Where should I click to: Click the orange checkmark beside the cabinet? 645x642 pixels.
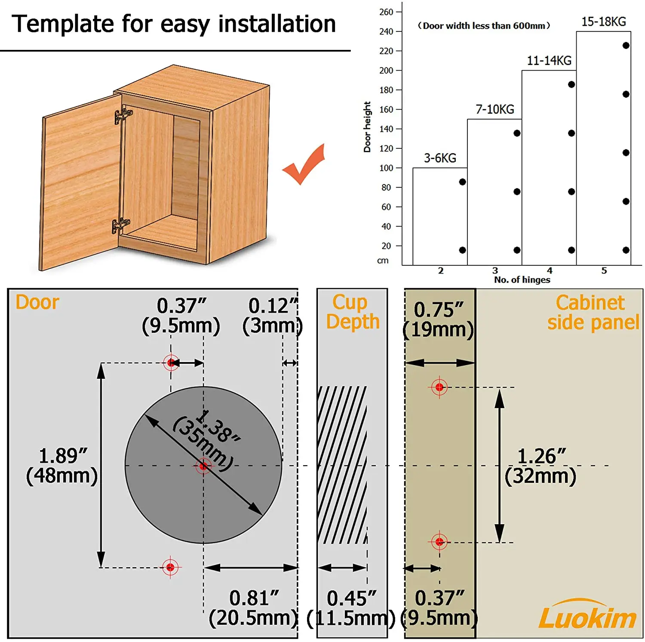[x=304, y=166]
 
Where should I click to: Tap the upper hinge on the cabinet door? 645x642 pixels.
[x=123, y=115]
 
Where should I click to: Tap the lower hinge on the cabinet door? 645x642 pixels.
[x=120, y=224]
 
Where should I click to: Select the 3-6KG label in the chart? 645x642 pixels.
[x=440, y=158]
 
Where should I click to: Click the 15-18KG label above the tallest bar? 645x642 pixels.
[x=603, y=22]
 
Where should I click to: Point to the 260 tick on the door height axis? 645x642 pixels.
[x=386, y=12]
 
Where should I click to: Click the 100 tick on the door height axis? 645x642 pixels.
[x=386, y=168]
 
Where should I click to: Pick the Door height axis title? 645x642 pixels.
[x=367, y=127]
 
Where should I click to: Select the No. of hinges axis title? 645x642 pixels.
[x=522, y=280]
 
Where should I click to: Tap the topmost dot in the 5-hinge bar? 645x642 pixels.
[x=626, y=46]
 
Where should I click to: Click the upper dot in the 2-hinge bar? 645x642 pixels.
[x=462, y=182]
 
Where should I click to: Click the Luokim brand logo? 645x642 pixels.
[x=587, y=615]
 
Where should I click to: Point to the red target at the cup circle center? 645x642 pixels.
[x=203, y=466]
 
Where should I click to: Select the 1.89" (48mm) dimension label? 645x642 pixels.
[x=62, y=466]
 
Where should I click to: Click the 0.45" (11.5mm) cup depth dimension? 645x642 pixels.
[x=351, y=608]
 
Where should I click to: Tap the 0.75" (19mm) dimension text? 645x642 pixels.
[x=439, y=319]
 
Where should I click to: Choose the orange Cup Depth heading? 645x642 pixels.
[x=352, y=312]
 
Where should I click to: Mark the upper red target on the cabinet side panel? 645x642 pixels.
[x=439, y=387]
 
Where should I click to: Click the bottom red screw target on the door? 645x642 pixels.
[x=170, y=568]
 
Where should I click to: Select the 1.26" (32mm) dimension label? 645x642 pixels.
[x=541, y=466]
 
